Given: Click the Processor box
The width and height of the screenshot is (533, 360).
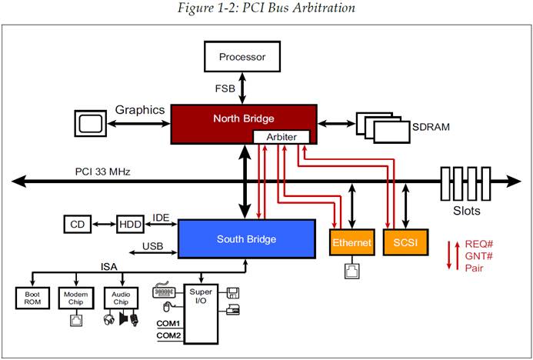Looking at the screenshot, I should click(242, 56).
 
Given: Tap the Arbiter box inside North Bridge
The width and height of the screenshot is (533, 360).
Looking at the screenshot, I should click(281, 137).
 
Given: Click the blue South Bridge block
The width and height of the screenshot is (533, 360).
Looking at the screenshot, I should click(246, 238).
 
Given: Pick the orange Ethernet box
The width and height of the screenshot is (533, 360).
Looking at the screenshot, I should click(351, 242).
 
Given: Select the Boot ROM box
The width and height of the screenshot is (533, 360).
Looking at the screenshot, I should click(32, 298).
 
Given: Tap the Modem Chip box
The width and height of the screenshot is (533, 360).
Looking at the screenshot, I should click(76, 298).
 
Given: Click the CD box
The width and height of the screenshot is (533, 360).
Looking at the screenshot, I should click(78, 224).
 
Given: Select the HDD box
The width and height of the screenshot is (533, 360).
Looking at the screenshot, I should click(129, 224).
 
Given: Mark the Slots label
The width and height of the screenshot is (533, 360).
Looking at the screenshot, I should click(465, 210).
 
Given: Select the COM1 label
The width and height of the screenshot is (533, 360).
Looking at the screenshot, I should click(169, 322).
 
